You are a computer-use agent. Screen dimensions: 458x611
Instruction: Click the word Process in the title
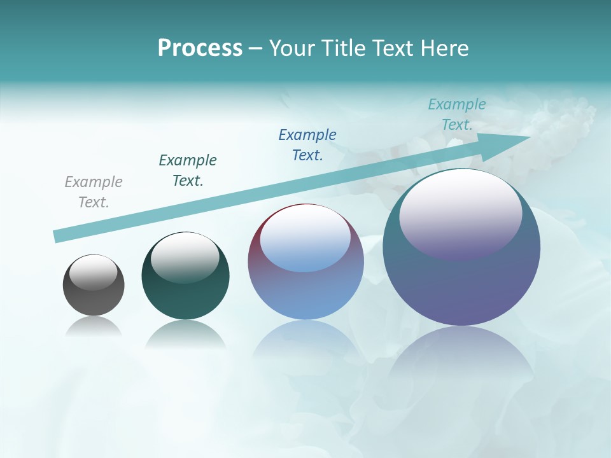(x=200, y=48)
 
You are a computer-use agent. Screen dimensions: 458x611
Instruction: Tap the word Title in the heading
(x=344, y=48)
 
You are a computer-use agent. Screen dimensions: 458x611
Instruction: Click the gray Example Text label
(x=94, y=192)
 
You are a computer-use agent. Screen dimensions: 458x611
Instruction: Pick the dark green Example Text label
(x=188, y=170)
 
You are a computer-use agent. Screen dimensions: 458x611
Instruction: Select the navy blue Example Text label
(x=307, y=145)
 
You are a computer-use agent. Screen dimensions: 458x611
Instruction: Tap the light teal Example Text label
(x=457, y=114)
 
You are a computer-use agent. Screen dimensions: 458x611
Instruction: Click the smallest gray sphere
(x=94, y=299)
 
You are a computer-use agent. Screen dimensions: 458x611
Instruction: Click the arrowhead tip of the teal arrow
(x=530, y=137)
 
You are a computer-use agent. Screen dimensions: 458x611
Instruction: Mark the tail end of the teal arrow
(x=56, y=237)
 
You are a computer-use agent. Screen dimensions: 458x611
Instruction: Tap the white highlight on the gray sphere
(x=93, y=272)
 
